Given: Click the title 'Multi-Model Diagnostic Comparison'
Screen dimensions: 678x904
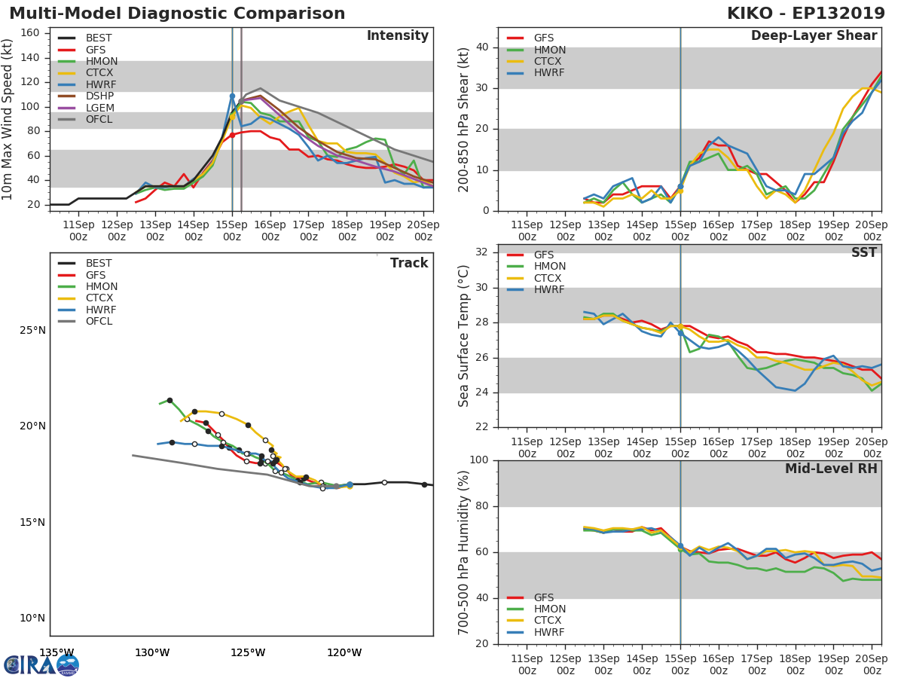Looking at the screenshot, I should click(x=177, y=14).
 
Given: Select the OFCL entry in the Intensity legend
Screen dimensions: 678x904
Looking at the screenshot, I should click(x=99, y=120).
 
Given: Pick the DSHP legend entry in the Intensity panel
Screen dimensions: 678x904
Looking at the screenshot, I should click(x=99, y=96).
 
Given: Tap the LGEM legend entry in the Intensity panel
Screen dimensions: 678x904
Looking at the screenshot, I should click(x=100, y=108).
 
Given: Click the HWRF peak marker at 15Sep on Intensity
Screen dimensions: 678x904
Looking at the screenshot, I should click(x=232, y=96).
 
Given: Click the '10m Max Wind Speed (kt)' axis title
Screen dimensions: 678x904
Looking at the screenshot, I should click(x=9, y=119).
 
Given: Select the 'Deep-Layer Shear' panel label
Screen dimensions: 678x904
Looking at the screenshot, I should click(x=814, y=36).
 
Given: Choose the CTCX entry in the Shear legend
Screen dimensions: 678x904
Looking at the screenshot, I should click(x=548, y=62).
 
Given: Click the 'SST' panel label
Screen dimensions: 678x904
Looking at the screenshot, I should click(x=863, y=253).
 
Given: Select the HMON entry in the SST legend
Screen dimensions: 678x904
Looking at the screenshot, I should click(x=549, y=267).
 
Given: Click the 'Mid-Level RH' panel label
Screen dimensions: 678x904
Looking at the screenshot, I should click(x=831, y=469).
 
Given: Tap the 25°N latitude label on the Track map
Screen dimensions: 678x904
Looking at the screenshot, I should click(x=32, y=331).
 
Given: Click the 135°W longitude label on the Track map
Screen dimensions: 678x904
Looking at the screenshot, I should click(x=56, y=652).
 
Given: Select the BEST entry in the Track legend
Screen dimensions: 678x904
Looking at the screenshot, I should click(x=99, y=264).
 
